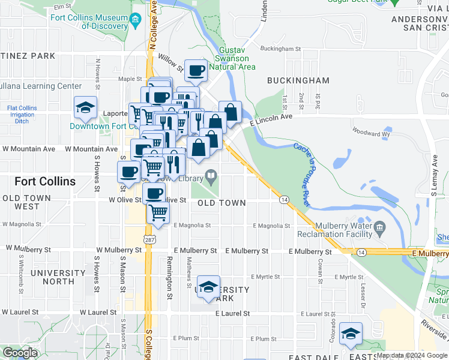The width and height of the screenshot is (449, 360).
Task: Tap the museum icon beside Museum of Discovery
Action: tap(136, 22)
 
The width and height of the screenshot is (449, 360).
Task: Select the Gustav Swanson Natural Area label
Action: tap(233, 58)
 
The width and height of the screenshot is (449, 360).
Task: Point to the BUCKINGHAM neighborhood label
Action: tap(298, 80)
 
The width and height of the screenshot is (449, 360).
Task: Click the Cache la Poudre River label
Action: tap(301, 174)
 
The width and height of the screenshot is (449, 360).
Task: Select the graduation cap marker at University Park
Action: tap(208, 287)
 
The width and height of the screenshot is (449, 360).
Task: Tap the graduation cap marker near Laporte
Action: tap(85, 108)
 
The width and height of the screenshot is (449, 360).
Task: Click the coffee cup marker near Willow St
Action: tap(196, 71)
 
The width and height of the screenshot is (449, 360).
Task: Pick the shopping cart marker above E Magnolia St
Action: tap(158, 212)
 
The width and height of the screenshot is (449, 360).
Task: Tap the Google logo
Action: tap(20, 353)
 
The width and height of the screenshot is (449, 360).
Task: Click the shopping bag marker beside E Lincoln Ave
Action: tap(230, 112)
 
